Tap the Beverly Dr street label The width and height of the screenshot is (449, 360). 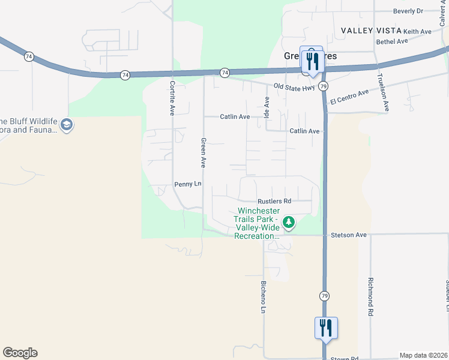point(409,11)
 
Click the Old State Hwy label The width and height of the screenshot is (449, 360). point(294,87)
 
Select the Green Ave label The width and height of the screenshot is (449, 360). point(203,153)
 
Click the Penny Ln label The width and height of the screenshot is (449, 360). point(187,184)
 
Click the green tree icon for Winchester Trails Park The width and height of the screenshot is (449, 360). point(289,223)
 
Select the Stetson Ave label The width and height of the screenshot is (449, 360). point(348,235)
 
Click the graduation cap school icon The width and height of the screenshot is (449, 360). point(66,125)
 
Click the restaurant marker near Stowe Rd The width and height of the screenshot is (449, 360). point(326,328)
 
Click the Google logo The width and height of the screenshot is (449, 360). point(20,353)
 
